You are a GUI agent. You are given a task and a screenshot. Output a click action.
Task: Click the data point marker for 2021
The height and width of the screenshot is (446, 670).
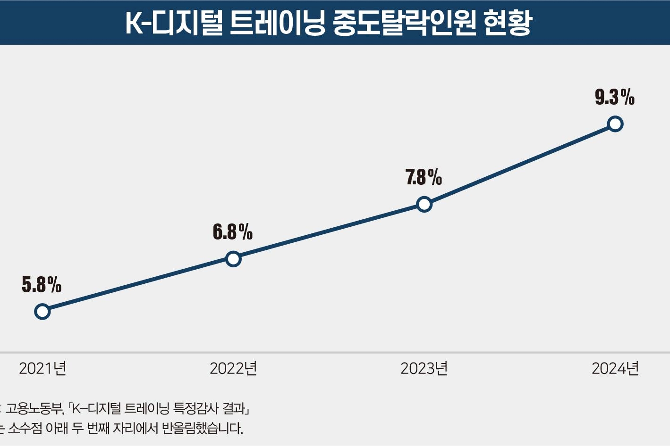click(x=42, y=312)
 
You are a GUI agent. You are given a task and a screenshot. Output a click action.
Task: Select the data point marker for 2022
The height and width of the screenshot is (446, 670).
click(x=233, y=259)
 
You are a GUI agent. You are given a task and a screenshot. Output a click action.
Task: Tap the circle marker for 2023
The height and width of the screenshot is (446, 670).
click(x=424, y=204)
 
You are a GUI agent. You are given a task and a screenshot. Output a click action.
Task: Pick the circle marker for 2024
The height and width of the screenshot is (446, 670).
click(x=615, y=124)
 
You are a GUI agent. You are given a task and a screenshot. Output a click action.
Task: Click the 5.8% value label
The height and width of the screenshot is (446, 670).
click(x=42, y=285)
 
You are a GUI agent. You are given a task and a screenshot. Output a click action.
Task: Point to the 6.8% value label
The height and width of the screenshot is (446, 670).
click(x=233, y=232)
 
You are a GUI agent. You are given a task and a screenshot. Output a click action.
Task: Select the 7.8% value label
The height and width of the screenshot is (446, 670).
click(x=424, y=177)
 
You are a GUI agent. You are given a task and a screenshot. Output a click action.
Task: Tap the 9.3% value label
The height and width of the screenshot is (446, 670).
click(x=614, y=97)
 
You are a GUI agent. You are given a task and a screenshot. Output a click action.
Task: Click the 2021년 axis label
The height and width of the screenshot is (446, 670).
click(x=42, y=368)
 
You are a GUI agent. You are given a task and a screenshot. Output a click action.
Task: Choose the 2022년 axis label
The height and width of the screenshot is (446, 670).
click(x=233, y=368)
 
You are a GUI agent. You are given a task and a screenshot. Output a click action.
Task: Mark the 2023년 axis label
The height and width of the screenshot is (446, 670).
click(x=424, y=368)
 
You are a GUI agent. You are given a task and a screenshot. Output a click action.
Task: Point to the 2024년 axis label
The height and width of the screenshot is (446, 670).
click(x=615, y=368)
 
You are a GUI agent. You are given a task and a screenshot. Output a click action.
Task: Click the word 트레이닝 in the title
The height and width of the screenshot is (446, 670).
click(x=278, y=23)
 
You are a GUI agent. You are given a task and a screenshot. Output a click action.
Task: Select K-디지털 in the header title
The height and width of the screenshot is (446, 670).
click(x=174, y=23)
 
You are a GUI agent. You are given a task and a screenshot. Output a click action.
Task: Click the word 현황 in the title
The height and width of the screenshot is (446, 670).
click(x=509, y=23)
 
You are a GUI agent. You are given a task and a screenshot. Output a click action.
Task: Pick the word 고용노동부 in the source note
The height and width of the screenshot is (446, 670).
click(x=34, y=408)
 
